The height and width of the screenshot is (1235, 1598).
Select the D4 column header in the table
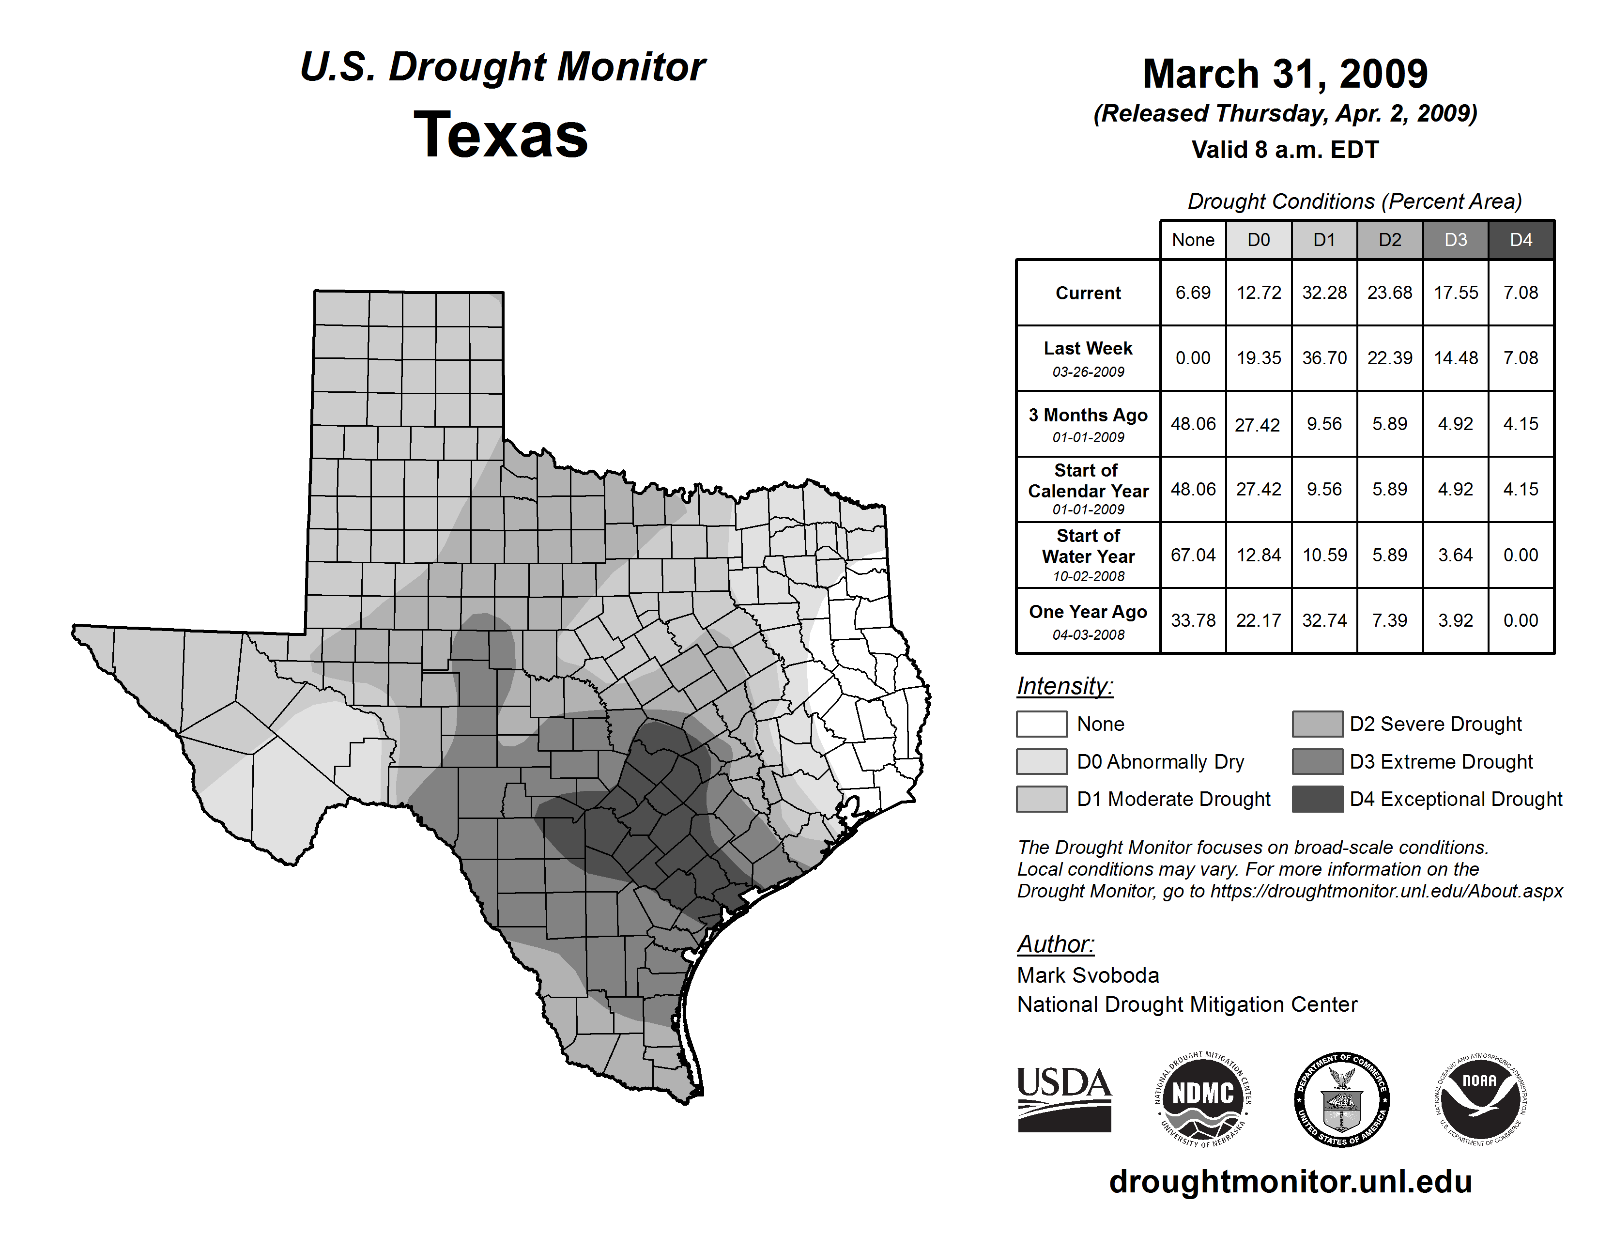pyautogui.click(x=1521, y=240)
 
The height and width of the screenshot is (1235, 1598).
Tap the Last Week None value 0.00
pyautogui.click(x=1193, y=358)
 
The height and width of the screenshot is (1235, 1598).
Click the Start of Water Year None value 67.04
pyautogui.click(x=1193, y=556)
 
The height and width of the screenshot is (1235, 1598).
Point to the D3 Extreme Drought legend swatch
pyautogui.click(x=1317, y=762)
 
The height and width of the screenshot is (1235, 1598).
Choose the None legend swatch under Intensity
pyautogui.click(x=1041, y=724)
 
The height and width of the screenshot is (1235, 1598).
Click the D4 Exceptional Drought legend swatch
pyautogui.click(x=1317, y=799)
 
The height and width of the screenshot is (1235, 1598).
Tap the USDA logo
pyautogui.click(x=1064, y=1099)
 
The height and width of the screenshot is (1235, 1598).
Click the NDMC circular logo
pyautogui.click(x=1203, y=1099)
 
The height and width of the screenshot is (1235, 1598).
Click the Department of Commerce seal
pyautogui.click(x=1341, y=1099)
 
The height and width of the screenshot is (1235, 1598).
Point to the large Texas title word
pyautogui.click(x=501, y=135)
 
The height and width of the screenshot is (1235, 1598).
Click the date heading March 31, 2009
pyautogui.click(x=1285, y=74)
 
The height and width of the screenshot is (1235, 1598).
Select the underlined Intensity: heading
pyautogui.click(x=1064, y=686)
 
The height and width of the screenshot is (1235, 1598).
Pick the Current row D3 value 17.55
pyautogui.click(x=1455, y=293)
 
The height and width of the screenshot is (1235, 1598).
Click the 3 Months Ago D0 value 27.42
pyautogui.click(x=1258, y=424)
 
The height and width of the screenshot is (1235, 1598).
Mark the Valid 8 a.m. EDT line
pyautogui.click(x=1285, y=150)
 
